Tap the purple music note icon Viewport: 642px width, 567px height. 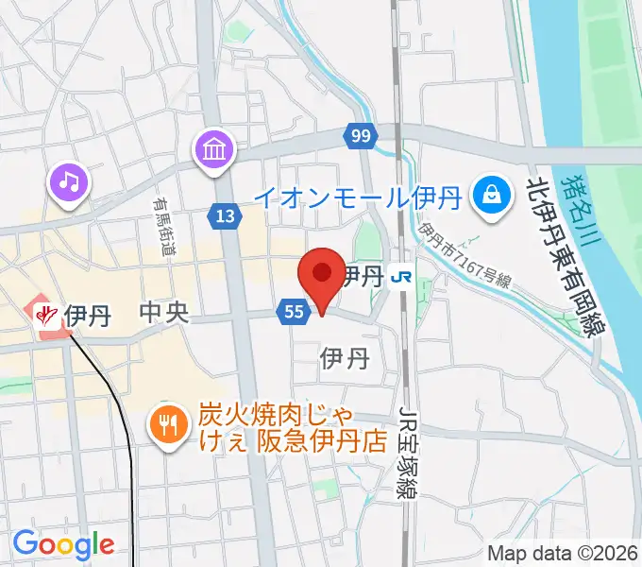click(x=68, y=180)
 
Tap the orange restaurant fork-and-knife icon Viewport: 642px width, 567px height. click(x=168, y=424)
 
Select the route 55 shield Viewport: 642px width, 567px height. click(x=293, y=311)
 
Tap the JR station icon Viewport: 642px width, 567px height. click(x=402, y=276)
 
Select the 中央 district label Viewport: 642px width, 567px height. click(x=163, y=313)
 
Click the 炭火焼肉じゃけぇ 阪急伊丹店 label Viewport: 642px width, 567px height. click(x=293, y=428)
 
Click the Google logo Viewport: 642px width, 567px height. click(x=63, y=544)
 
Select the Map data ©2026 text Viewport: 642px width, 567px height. click(x=563, y=554)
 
